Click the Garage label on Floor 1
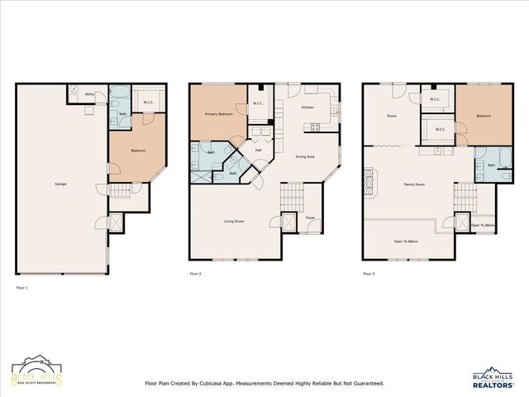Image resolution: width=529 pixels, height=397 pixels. (60, 184)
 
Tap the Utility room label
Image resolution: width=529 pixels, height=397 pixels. (89, 95)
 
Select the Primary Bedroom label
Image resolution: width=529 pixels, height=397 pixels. (218, 115)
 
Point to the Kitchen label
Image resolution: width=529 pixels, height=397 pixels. (307, 108)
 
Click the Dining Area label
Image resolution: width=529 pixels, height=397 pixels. (305, 156)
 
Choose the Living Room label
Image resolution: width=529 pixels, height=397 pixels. (234, 221)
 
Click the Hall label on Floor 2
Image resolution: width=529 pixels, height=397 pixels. (258, 150)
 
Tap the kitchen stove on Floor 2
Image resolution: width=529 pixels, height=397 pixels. (315, 127)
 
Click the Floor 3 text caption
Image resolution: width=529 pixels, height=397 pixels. (368, 273)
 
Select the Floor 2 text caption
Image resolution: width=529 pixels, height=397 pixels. (195, 273)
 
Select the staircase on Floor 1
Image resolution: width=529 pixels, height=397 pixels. (121, 192)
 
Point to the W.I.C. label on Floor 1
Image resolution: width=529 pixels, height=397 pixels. (148, 103)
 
